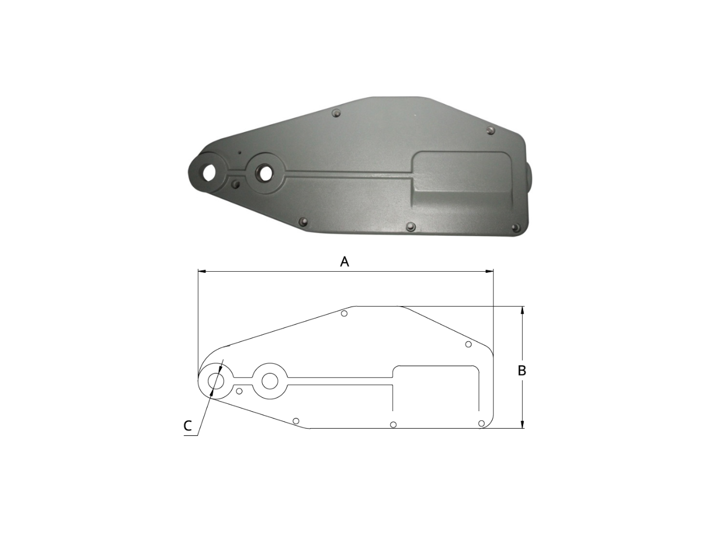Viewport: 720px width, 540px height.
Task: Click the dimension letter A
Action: (x=344, y=262)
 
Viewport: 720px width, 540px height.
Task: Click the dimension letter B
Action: (x=521, y=371)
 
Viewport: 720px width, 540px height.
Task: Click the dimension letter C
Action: (x=187, y=426)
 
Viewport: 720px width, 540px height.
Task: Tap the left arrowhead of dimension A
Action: (x=202, y=272)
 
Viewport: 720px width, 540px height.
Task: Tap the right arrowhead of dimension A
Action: (x=489, y=272)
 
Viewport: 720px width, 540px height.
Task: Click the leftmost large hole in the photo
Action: (x=209, y=173)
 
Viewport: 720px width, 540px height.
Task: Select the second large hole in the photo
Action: (x=265, y=173)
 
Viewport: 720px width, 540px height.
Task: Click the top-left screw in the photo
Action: (x=336, y=114)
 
